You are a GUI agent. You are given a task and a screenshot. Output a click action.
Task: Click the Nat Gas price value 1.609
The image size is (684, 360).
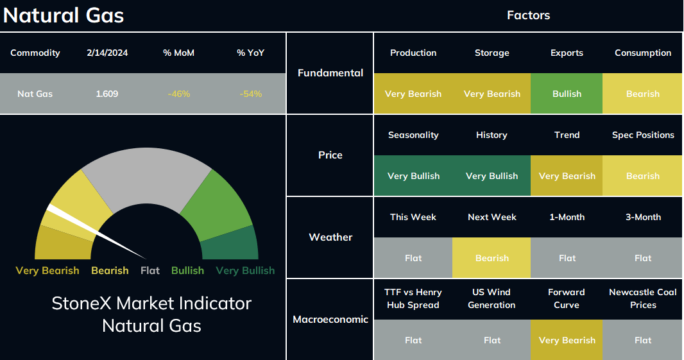click(x=107, y=94)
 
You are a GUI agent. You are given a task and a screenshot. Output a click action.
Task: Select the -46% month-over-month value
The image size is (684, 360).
click(x=179, y=94)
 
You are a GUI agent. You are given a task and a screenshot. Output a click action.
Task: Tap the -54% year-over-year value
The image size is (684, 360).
click(x=251, y=94)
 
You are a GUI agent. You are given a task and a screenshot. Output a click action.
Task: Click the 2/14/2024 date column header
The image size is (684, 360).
click(x=107, y=53)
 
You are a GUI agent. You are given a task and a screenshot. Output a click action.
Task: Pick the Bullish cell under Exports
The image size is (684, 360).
click(x=567, y=94)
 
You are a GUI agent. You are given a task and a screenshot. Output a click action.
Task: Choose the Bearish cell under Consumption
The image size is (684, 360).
click(x=642, y=94)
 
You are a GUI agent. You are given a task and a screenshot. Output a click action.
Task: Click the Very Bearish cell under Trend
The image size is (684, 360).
click(x=567, y=175)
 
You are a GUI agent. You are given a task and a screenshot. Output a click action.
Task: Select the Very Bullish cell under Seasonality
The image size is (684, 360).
click(x=413, y=175)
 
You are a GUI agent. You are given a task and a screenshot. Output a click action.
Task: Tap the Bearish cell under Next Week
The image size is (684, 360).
click(x=492, y=257)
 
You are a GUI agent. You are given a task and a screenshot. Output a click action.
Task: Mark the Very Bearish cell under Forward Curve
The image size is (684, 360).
click(x=567, y=339)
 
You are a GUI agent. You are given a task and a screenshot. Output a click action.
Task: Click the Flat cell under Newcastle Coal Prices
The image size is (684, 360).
click(x=642, y=339)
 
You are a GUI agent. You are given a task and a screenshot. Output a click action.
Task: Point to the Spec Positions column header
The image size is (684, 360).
click(x=643, y=135)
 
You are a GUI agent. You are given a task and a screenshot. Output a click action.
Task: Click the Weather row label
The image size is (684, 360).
click(x=330, y=237)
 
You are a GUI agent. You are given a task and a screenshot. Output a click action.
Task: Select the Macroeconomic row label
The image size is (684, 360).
click(x=330, y=319)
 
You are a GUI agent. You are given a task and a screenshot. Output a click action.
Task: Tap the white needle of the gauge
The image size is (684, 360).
click(x=96, y=232)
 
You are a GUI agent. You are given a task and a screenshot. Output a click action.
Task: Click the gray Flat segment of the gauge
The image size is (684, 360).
click(x=146, y=175)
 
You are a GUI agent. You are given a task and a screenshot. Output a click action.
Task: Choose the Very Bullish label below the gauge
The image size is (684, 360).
click(x=245, y=271)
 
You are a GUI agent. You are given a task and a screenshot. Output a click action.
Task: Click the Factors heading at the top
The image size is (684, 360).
click(x=528, y=15)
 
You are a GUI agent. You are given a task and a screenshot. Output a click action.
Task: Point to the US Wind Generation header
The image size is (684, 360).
click(x=492, y=298)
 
